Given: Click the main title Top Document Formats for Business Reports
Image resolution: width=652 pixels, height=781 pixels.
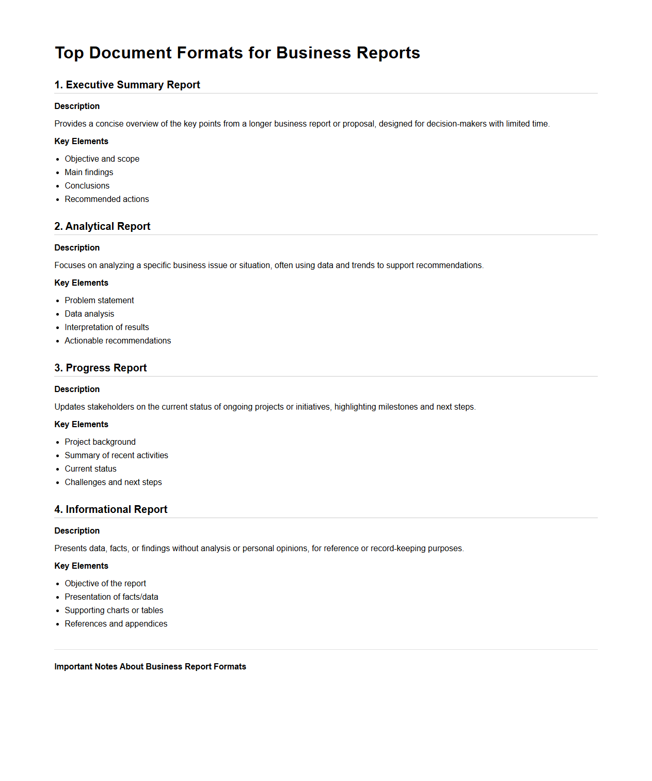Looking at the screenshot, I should click(x=237, y=53).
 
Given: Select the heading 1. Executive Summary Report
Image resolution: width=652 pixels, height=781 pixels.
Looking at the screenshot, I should click(x=127, y=85).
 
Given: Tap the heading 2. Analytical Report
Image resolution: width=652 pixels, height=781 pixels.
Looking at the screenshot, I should click(x=102, y=226).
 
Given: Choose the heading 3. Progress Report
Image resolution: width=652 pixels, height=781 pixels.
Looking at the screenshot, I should click(x=101, y=368).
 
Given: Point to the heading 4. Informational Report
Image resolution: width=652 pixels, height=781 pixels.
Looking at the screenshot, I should click(x=111, y=509).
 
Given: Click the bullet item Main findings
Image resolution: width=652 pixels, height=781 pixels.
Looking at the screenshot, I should click(x=89, y=172).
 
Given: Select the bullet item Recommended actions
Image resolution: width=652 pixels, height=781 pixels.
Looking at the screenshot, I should click(x=106, y=199).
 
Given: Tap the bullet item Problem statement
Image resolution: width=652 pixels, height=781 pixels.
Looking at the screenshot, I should click(x=99, y=300).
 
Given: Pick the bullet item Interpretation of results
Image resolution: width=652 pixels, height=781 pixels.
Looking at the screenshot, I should click(x=106, y=327).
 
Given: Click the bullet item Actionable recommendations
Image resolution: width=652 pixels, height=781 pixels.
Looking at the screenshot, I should click(x=118, y=340).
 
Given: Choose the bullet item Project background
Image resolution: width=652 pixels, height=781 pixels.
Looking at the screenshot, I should click(x=100, y=442).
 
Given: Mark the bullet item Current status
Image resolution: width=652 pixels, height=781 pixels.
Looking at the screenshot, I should click(x=90, y=468).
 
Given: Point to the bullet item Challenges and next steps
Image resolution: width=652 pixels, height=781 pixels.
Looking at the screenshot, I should click(x=113, y=482).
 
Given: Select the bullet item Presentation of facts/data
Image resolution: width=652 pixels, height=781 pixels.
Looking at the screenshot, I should click(x=112, y=597).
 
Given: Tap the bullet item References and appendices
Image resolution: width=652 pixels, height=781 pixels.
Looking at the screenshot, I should click(x=116, y=623).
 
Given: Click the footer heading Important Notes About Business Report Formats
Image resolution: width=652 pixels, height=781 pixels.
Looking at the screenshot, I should click(x=150, y=666).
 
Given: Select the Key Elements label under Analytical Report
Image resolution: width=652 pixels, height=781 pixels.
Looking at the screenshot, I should click(x=81, y=283).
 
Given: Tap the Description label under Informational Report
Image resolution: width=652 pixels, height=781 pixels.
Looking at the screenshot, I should click(x=77, y=530).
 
